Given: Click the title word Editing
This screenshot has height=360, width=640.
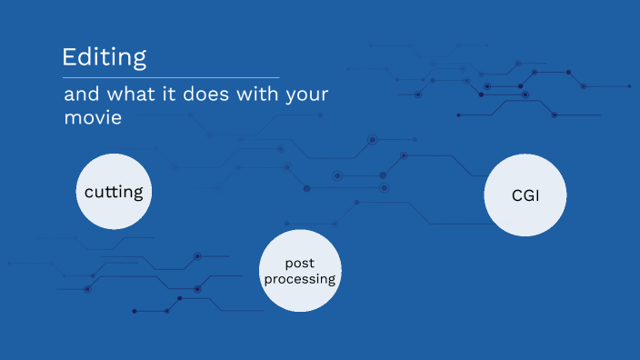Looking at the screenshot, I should pyautogui.click(x=104, y=57).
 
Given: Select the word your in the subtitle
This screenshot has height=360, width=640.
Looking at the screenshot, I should pyautogui.click(x=305, y=95).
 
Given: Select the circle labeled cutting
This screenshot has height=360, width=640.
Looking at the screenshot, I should pyautogui.click(x=113, y=191).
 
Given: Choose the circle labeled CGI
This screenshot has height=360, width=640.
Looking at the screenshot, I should pyautogui.click(x=525, y=194).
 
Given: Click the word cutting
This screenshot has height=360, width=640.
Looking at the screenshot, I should pyautogui.click(x=113, y=192).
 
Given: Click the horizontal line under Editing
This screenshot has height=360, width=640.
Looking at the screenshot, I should pyautogui.click(x=171, y=77).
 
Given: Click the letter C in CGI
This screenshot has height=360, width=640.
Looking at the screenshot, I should pyautogui.click(x=516, y=195).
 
